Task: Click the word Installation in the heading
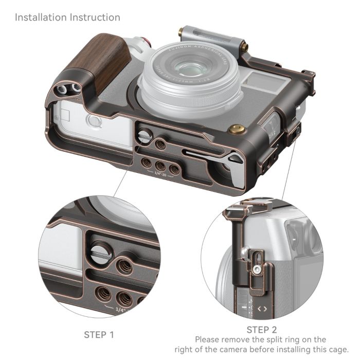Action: (x=42, y=17)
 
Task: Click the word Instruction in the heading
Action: (x=95, y=17)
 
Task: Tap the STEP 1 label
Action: (x=99, y=335)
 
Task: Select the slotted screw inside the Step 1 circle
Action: (x=98, y=251)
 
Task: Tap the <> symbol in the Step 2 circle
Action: (x=262, y=309)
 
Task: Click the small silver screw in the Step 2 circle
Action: (x=256, y=267)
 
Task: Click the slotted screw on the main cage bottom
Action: (x=144, y=136)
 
